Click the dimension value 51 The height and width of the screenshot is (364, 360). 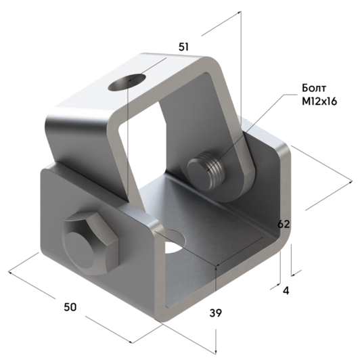[183, 47]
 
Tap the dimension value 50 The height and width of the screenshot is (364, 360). [70, 306]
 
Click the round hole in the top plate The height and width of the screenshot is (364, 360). [127, 81]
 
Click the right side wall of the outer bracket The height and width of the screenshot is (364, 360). [274, 189]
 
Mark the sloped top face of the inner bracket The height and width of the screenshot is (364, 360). [135, 88]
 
